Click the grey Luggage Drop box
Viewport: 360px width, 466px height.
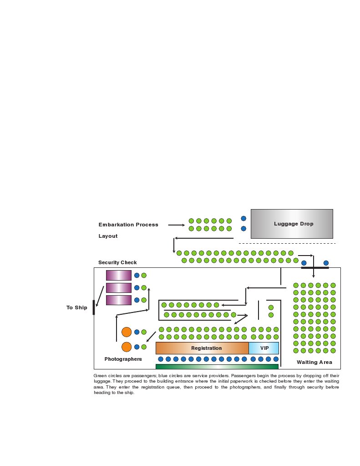[x=292, y=224]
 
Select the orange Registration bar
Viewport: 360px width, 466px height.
[x=202, y=348]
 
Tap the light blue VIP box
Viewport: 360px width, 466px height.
[x=264, y=348]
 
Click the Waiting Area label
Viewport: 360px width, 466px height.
[x=314, y=362]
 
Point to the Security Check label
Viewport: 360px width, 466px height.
[x=117, y=262]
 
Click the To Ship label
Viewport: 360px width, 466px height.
[x=77, y=307]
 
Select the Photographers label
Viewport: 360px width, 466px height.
[x=123, y=359]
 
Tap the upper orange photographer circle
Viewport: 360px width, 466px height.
[x=127, y=332]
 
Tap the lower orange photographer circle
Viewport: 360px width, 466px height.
[x=127, y=347]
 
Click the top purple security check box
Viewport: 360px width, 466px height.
[x=119, y=275]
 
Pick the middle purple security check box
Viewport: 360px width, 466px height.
[x=119, y=288]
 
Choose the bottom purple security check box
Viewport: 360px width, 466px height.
[x=119, y=300]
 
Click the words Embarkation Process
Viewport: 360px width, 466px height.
[x=128, y=225]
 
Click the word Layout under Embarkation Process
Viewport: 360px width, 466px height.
[x=108, y=236]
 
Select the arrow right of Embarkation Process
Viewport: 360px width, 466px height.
[x=176, y=225]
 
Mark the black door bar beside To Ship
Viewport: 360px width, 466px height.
[x=94, y=307]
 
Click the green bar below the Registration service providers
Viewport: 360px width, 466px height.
[x=217, y=367]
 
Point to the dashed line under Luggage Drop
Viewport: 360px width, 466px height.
[x=287, y=243]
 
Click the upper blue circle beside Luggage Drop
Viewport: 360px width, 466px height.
[x=243, y=219]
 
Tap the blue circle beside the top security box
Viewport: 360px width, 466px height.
[x=137, y=275]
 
